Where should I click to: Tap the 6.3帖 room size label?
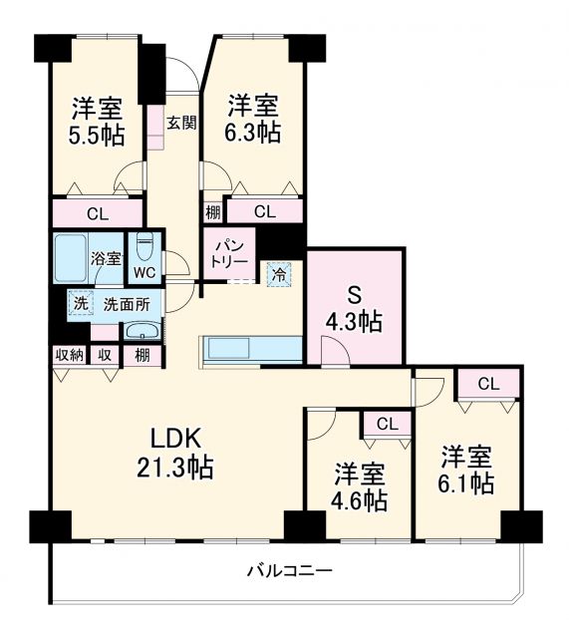click(x=253, y=131)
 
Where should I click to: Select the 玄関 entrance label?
click(x=180, y=123)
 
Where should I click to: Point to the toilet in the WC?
click(x=144, y=244)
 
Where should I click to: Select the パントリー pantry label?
click(x=229, y=253)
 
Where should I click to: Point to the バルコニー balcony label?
click(x=289, y=571)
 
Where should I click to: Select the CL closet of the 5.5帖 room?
click(x=97, y=211)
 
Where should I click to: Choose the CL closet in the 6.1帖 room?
click(x=487, y=384)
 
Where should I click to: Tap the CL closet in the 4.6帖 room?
click(x=387, y=424)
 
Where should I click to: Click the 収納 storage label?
click(x=68, y=355)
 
